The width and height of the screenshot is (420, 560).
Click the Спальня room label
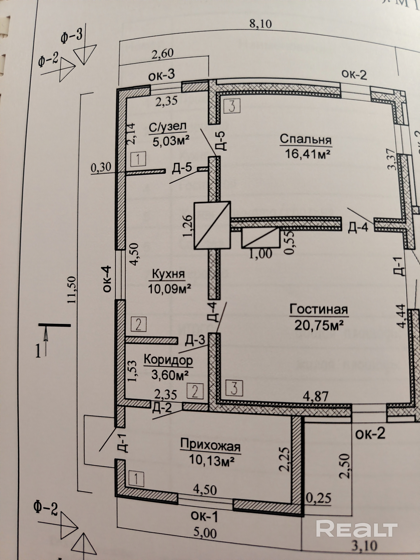(x=306, y=140)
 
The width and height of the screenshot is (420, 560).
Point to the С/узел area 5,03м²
(x=171, y=141)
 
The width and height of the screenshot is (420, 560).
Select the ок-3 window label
(x=162, y=76)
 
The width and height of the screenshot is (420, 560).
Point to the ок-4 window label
(x=107, y=279)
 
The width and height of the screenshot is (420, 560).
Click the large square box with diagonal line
(x=212, y=225)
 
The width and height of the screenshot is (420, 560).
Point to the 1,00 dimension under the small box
(x=261, y=253)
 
